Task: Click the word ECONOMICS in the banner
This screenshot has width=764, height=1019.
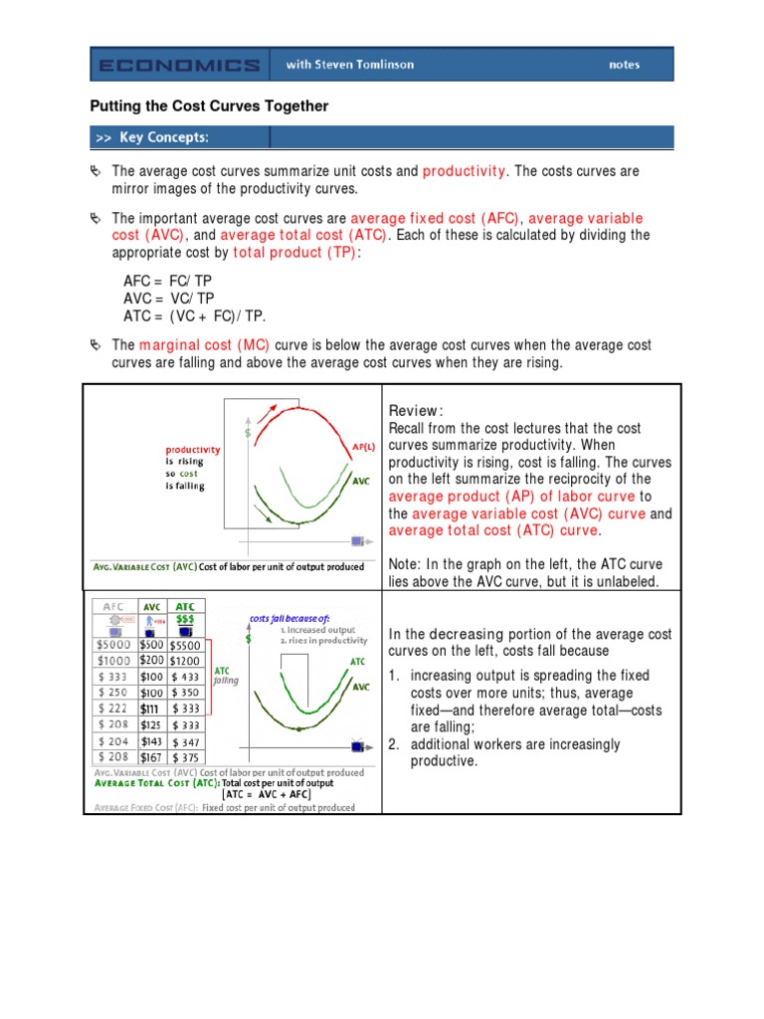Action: [x=179, y=66]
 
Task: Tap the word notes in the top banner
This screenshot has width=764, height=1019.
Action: [x=624, y=66]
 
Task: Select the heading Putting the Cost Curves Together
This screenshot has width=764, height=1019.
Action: [x=209, y=106]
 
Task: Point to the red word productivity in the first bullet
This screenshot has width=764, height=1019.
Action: [x=464, y=171]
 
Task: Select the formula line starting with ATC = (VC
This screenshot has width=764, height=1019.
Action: [x=195, y=315]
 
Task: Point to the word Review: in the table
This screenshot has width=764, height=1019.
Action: [x=415, y=412]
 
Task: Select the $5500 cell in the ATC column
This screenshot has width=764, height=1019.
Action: [x=186, y=644]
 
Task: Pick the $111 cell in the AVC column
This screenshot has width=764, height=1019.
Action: [x=149, y=708]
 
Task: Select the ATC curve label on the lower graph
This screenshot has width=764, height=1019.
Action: [x=356, y=662]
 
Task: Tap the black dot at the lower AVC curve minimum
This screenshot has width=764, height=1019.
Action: [x=299, y=731]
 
